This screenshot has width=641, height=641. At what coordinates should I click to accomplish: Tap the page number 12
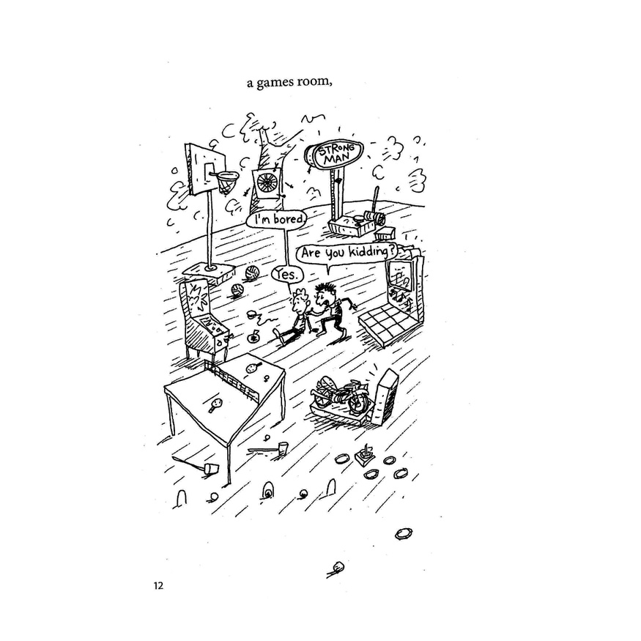point(159,585)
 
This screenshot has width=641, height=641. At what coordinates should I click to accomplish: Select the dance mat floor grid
point(388,325)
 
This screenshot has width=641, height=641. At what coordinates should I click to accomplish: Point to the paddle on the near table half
point(215,404)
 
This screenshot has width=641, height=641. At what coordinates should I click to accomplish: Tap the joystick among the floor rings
point(362,454)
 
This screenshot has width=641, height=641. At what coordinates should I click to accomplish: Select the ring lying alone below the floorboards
point(402,533)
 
